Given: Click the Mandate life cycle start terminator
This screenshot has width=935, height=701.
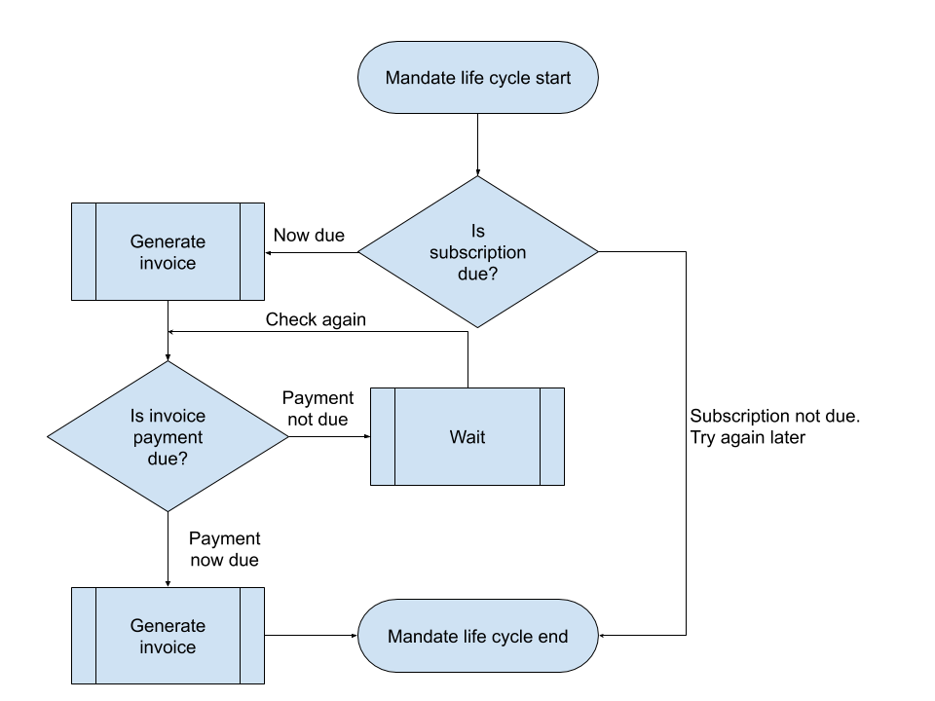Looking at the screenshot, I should [x=477, y=78].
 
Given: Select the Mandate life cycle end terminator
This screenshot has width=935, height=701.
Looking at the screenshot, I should [x=477, y=637].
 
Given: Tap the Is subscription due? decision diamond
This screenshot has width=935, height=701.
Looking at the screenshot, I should [x=477, y=251].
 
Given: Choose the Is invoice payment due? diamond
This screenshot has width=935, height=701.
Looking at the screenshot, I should [x=168, y=436].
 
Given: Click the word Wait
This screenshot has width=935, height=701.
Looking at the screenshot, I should [x=467, y=437].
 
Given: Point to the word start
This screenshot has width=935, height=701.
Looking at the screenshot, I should [x=552, y=78].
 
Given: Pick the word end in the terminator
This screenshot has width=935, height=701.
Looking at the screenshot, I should [x=553, y=637].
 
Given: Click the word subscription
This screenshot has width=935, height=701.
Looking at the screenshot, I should [x=478, y=252].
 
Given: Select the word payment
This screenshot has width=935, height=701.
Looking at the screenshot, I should [x=168, y=436].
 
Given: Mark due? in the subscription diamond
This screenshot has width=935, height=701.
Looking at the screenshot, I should [x=478, y=274].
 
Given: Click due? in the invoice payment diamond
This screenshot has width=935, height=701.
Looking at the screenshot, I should [x=168, y=458].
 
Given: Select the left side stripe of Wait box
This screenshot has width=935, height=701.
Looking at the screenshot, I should [x=383, y=437].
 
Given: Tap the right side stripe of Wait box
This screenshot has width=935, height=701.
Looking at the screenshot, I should [x=551, y=437].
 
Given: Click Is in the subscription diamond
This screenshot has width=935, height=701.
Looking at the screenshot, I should [x=478, y=232].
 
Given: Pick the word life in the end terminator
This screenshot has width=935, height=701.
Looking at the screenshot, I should [x=473, y=637].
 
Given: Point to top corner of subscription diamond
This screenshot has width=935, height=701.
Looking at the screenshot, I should [x=477, y=179].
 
